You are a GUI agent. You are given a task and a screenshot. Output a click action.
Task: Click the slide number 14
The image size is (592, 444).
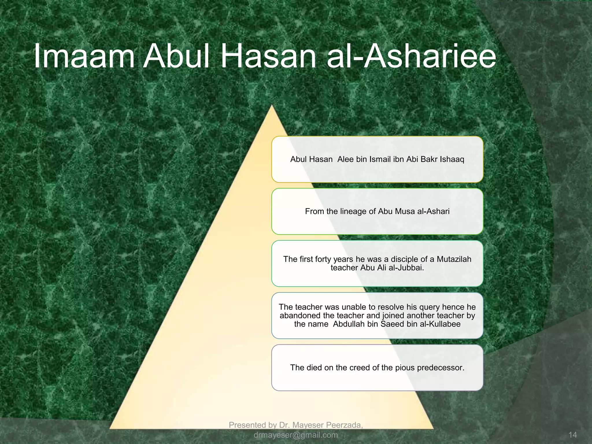pos(572,435)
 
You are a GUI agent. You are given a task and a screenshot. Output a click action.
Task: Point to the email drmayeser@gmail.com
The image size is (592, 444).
pos(295,435)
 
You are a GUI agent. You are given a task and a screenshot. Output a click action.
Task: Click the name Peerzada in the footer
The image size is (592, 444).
pos(345,425)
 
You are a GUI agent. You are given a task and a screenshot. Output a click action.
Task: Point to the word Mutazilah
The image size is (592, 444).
pos(454,259)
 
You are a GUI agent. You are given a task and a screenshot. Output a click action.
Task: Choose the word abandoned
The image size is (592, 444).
pos(300,315)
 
